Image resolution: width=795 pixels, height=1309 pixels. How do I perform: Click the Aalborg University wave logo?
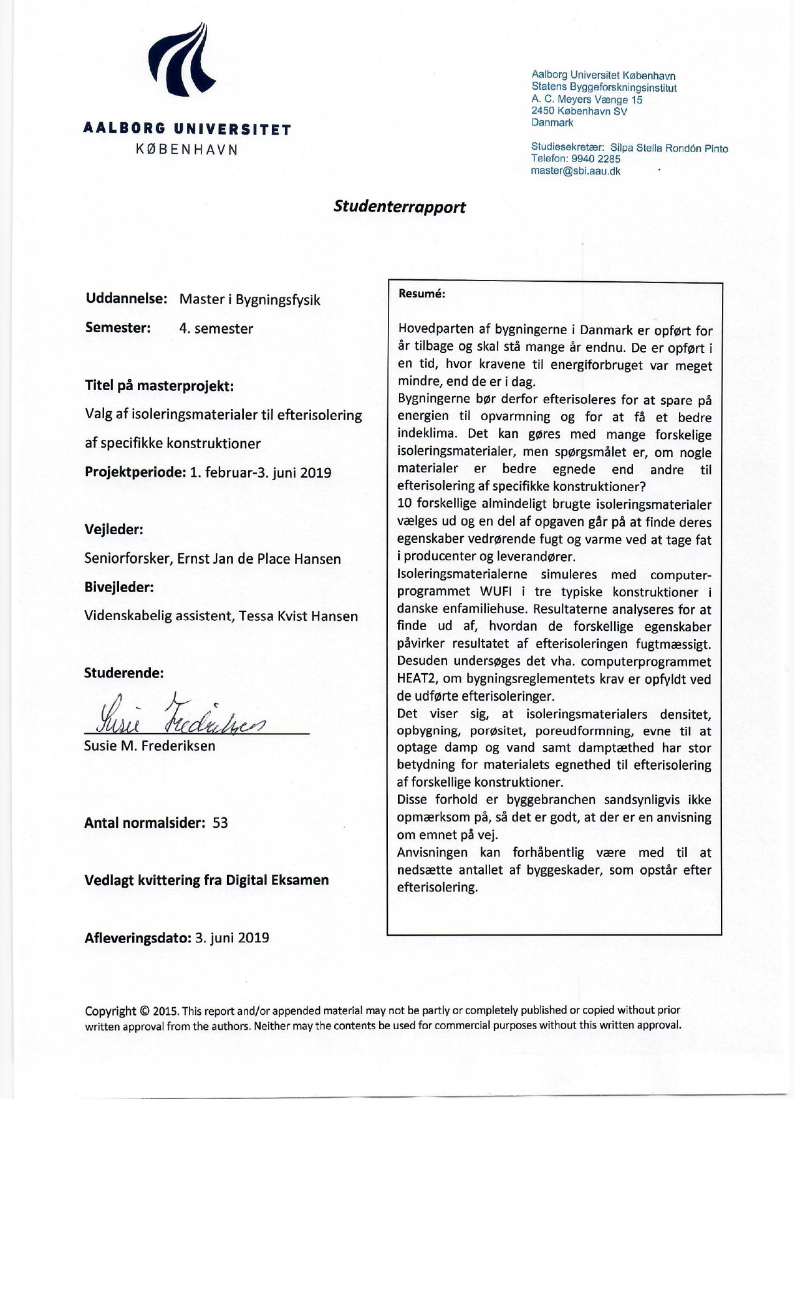181,61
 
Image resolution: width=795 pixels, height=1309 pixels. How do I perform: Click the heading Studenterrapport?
399,206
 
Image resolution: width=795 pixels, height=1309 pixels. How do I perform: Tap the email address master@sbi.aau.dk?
576,171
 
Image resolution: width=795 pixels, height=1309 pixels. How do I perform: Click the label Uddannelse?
126,299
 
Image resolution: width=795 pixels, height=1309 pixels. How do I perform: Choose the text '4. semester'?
216,328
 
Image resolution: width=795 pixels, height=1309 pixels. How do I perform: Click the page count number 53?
220,823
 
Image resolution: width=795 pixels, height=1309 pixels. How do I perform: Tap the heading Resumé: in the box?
422,294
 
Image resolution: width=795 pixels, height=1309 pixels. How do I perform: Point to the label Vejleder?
113,530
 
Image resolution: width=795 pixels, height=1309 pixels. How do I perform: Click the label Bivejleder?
118,587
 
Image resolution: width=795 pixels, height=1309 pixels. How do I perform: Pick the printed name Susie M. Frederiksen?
150,746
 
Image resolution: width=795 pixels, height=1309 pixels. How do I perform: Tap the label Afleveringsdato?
137,937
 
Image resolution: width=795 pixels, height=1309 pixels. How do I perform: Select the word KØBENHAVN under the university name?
187,150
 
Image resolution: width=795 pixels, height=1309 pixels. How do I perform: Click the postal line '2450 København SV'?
579,111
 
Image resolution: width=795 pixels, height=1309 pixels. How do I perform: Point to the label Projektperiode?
135,472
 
